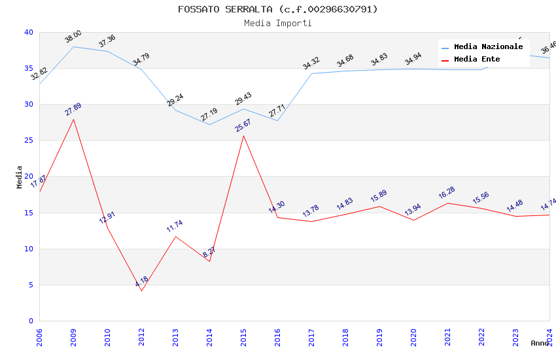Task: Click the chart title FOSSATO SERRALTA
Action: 278,9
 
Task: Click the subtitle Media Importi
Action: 278,24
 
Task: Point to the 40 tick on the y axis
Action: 29,33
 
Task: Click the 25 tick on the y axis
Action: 29,141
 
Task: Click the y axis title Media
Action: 20,177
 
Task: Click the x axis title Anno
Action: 540,343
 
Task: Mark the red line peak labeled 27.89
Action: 73,119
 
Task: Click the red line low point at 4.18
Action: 141,291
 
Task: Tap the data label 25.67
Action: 243,125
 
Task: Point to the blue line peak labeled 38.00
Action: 73,46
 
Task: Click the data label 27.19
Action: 209,116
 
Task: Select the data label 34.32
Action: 311,63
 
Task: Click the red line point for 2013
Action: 175,236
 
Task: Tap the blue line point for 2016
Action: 277,120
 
